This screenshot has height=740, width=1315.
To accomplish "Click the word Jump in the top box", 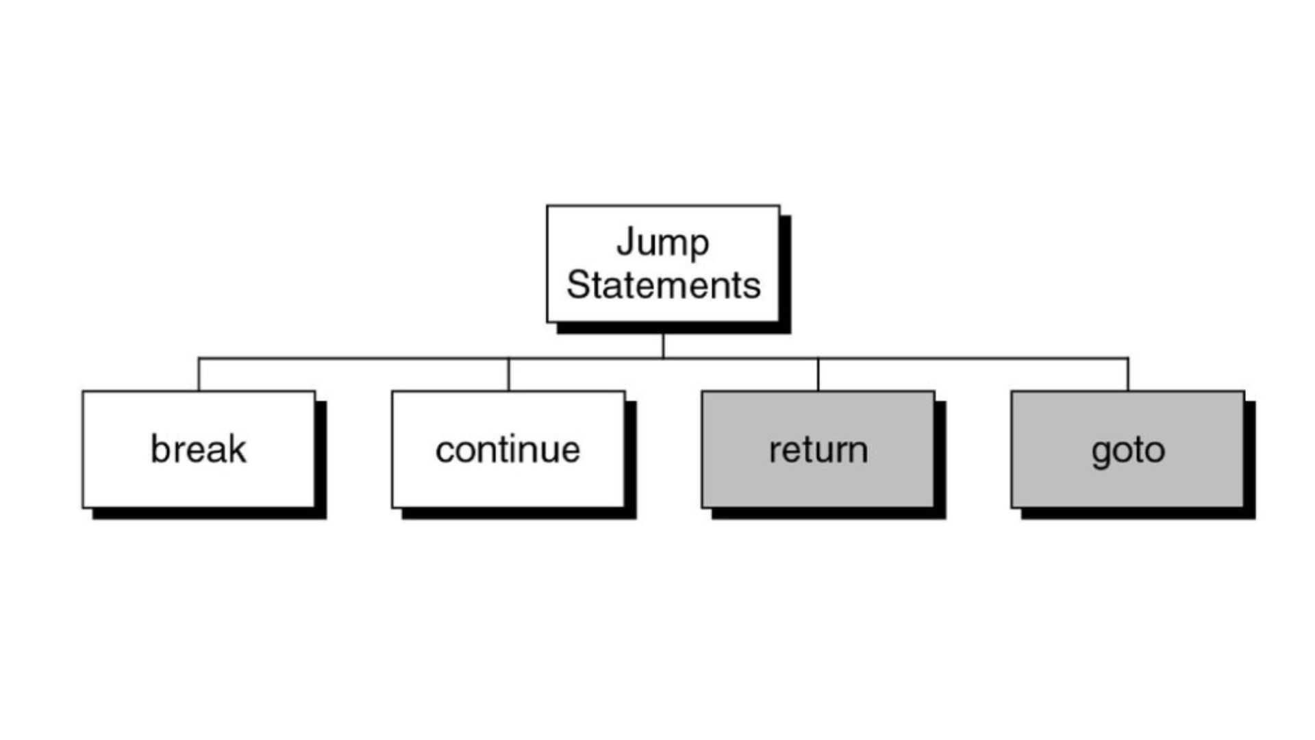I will click(662, 243).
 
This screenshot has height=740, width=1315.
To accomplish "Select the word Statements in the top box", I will click(663, 285).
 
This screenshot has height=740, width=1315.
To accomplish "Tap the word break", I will click(198, 449).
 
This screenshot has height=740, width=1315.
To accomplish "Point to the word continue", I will click(508, 449).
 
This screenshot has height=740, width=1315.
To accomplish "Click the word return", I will click(818, 449).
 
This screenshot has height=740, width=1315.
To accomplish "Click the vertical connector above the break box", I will click(199, 374).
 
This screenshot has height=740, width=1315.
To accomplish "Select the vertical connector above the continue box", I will click(508, 374).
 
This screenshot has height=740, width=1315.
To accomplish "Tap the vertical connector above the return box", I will click(818, 374).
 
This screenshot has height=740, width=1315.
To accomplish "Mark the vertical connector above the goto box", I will click(1127, 374).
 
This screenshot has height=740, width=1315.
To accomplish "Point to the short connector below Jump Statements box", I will click(663, 345).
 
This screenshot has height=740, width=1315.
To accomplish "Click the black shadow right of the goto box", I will click(1250, 459).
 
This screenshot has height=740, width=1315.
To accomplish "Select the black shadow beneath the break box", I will click(209, 513).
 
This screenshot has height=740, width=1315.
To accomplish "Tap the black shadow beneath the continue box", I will click(518, 513).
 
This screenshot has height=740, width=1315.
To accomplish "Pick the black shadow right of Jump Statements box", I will click(786, 274).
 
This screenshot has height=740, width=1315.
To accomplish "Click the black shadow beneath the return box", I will click(828, 513).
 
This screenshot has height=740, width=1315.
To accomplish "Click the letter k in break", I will click(237, 449).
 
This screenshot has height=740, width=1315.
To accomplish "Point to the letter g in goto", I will click(1101, 453).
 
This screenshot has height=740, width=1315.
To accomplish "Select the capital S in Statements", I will click(578, 285).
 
